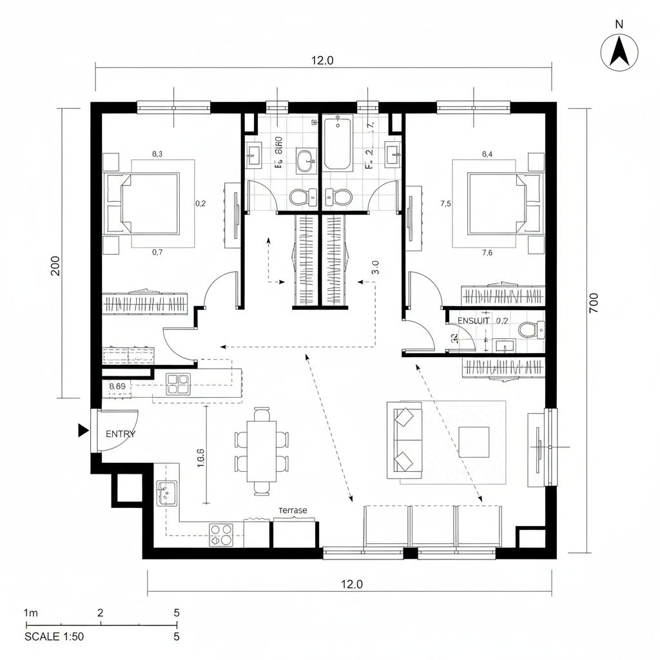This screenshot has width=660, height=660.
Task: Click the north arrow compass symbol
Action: click(x=619, y=52)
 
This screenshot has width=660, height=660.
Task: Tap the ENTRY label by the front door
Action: click(x=121, y=434)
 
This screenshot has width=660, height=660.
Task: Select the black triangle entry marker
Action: click(x=83, y=431)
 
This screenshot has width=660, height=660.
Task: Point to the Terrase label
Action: click(x=293, y=510)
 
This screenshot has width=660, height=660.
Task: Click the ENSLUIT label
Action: click(x=473, y=320)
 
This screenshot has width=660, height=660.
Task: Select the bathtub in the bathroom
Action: click(x=338, y=143)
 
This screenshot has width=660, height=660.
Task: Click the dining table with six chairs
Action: click(x=262, y=451)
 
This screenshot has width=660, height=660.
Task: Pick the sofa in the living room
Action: click(x=404, y=440)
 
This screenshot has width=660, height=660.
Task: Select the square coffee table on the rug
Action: click(x=474, y=442)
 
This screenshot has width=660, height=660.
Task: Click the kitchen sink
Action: click(x=167, y=493)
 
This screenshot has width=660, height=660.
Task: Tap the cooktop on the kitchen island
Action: click(x=179, y=384)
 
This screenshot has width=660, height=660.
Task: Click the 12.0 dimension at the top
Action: click(x=322, y=61)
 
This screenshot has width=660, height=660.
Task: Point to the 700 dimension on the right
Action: click(x=593, y=302)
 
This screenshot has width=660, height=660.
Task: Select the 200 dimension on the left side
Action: click(x=55, y=266)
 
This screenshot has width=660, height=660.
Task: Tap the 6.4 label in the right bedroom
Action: click(x=487, y=153)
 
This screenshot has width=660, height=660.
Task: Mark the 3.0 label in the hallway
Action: click(x=375, y=267)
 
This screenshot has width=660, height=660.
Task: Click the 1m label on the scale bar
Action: click(x=30, y=612)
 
